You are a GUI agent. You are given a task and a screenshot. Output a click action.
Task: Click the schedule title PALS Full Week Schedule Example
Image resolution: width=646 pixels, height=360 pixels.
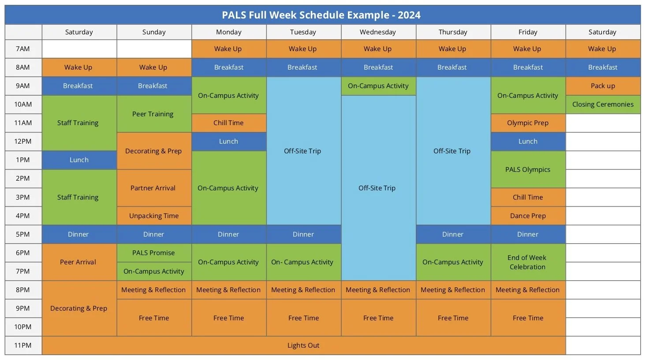(x=321, y=15)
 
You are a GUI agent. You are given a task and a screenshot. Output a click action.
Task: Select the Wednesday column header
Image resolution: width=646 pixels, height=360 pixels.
(x=378, y=32)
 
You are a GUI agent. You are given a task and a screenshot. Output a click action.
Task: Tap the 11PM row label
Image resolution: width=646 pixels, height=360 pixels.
(x=23, y=345)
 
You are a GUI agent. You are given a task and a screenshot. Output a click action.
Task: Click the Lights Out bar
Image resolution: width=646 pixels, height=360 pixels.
(x=303, y=345)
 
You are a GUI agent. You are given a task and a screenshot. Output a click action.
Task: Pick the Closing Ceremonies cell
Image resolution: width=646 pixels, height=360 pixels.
(x=603, y=104)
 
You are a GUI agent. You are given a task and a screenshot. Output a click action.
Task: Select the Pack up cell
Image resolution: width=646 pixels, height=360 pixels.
(x=603, y=86)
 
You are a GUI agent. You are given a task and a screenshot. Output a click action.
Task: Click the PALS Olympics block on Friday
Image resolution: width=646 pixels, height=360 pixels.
(x=528, y=170)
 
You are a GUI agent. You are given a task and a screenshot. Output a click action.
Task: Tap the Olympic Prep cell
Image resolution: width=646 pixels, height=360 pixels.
(x=528, y=123)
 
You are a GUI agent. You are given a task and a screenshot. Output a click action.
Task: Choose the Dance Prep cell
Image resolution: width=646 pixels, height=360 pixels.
(x=528, y=216)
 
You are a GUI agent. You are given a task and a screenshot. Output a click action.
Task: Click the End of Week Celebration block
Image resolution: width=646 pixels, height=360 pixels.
(x=528, y=262)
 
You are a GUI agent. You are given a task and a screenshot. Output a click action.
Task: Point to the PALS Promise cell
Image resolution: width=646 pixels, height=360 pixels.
(x=153, y=253)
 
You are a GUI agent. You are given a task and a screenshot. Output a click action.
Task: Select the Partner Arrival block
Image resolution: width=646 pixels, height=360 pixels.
(x=153, y=188)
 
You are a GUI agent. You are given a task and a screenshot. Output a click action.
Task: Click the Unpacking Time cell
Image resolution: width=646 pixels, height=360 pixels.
(x=153, y=216)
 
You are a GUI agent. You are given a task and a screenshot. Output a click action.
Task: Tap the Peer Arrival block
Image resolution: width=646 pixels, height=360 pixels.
(x=78, y=262)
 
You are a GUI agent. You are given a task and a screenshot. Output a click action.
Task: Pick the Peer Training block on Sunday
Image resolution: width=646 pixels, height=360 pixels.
(x=153, y=114)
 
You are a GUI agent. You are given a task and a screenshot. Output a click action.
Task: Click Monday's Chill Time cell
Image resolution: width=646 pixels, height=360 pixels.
(x=228, y=123)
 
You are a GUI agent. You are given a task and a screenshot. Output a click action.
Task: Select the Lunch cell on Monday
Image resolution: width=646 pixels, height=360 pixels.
(x=228, y=141)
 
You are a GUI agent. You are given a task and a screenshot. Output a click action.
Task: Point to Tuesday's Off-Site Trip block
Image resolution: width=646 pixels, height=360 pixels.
(x=303, y=151)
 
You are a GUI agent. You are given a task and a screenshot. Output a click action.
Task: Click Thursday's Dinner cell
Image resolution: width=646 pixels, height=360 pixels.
(x=453, y=234)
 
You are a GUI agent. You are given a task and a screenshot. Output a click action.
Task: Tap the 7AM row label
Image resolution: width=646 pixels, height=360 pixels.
(x=23, y=49)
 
